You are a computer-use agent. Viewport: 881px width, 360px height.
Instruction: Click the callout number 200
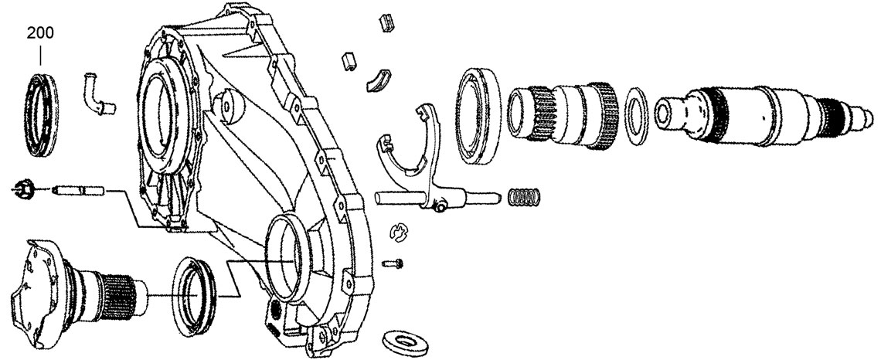(40, 34)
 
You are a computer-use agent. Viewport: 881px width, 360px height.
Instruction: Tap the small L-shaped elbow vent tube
(97, 93)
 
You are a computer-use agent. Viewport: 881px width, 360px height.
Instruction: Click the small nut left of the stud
(22, 187)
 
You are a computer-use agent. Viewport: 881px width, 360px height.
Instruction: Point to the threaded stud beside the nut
(80, 188)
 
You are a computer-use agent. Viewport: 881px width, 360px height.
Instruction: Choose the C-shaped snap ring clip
(398, 230)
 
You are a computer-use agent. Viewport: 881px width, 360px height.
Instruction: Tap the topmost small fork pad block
(386, 23)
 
